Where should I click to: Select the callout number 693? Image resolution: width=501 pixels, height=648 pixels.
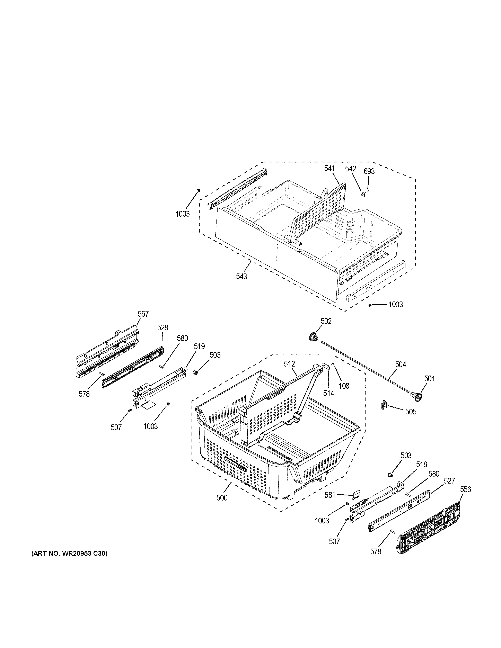point(369,171)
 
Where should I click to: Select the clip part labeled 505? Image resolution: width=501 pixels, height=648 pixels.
point(384,405)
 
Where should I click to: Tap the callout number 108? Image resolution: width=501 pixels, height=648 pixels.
point(344,386)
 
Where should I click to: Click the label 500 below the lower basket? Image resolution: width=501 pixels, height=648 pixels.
point(222,498)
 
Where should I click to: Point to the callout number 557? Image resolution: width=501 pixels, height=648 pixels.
point(143,314)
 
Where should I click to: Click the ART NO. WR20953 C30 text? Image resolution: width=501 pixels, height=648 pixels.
point(69,553)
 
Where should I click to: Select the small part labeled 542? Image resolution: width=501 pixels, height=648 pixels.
point(362,194)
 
